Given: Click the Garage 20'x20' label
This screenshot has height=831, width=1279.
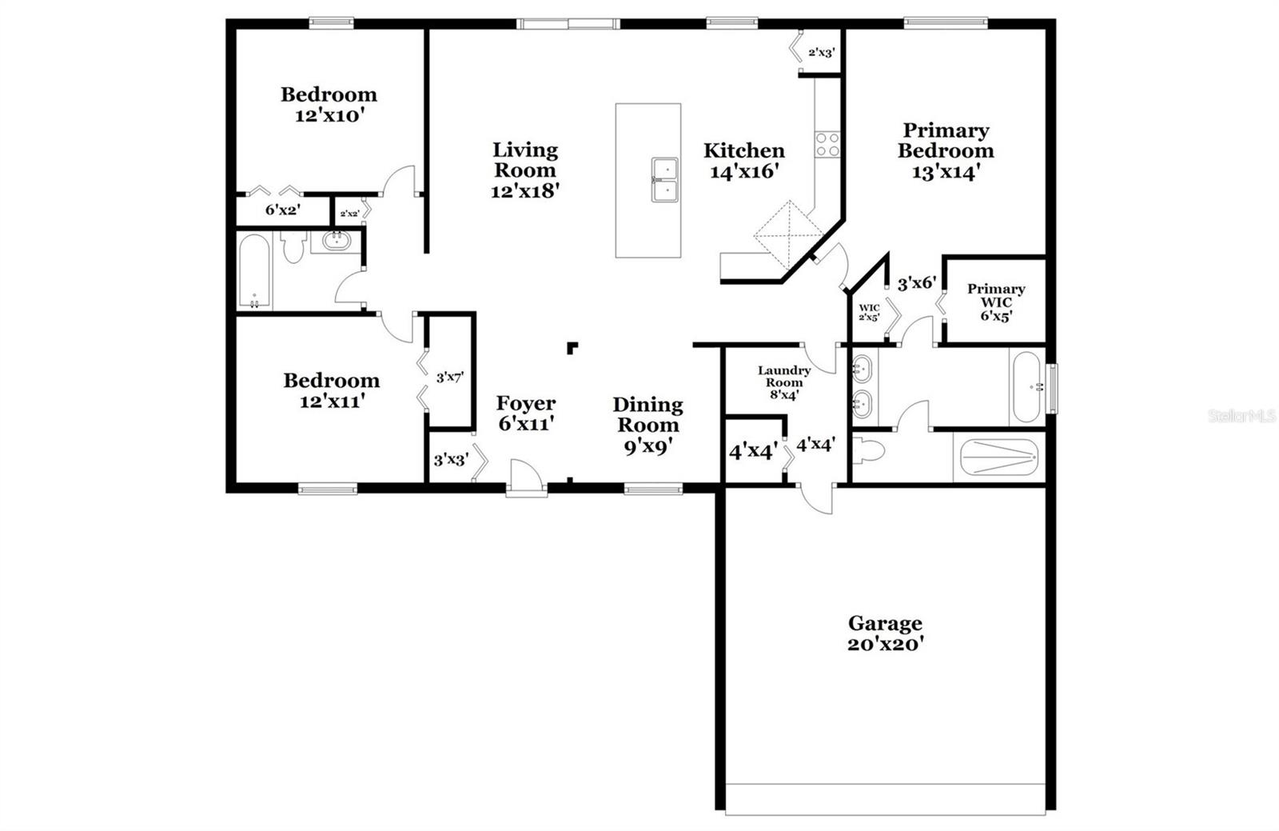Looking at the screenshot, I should click(x=885, y=633).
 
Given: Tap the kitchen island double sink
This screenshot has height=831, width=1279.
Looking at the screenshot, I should click(x=664, y=181).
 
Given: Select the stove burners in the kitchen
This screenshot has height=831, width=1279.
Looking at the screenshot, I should click(x=827, y=145).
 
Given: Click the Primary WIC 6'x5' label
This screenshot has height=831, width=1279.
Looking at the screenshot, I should click(x=996, y=302).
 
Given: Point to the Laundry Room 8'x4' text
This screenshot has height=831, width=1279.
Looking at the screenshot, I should click(x=784, y=382).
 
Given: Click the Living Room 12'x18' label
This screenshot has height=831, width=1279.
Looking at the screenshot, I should click(x=524, y=170).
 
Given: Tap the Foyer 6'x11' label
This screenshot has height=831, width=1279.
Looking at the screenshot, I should click(x=525, y=413).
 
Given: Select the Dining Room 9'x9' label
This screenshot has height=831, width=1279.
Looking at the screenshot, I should click(x=647, y=425).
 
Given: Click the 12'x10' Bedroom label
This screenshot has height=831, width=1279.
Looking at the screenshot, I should click(x=329, y=104).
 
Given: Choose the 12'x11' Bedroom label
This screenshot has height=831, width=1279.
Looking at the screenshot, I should click(x=331, y=390).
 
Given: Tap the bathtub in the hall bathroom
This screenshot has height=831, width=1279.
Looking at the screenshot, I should click(x=255, y=272).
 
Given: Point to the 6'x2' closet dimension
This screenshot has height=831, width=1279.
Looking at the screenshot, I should click(x=282, y=211).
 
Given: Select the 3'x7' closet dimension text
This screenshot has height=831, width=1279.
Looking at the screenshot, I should click(x=450, y=376).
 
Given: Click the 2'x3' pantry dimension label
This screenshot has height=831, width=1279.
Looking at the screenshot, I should click(x=821, y=53).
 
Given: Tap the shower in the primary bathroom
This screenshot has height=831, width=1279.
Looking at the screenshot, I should click(x=997, y=460).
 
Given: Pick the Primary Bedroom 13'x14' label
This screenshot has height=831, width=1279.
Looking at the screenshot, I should click(x=946, y=151).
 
